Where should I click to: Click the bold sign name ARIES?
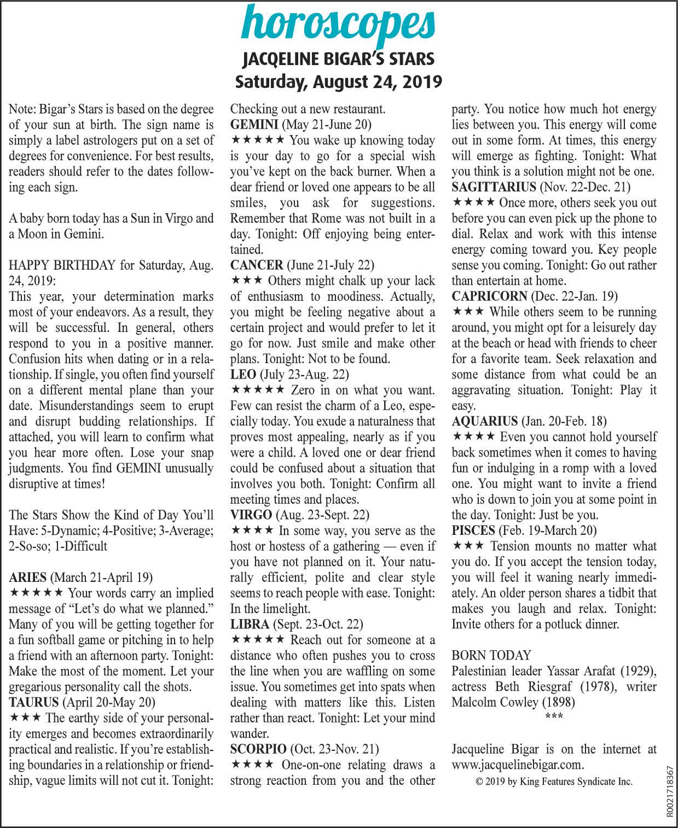tap(28, 578)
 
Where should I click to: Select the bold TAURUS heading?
tap(34, 702)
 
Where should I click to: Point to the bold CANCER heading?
tap(256, 266)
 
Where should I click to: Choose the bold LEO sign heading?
tap(242, 375)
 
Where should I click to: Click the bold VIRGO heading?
tap(251, 515)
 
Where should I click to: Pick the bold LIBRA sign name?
tap(250, 625)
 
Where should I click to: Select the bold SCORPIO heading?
tap(258, 749)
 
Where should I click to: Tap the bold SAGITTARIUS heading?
tap(494, 188)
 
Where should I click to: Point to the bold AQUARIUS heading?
tap(485, 422)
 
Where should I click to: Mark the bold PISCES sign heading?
tap(473, 530)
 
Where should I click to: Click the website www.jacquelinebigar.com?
tap(518, 765)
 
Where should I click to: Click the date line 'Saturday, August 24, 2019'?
tap(339, 82)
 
